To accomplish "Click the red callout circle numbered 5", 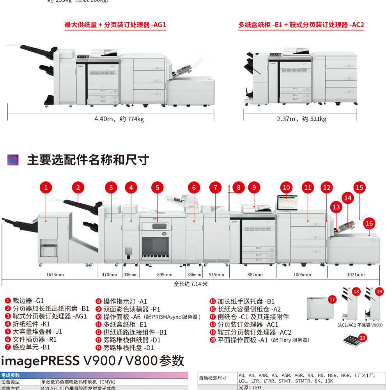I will pyautogui.click(x=158, y=188).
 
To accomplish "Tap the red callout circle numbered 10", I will pyautogui.click(x=287, y=188).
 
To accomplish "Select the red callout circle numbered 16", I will pyautogui.click(x=369, y=223).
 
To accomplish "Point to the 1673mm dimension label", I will pyautogui.click(x=55, y=275).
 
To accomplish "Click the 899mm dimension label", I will pyautogui.click(x=165, y=275).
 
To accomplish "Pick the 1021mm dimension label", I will pyautogui.click(x=356, y=275).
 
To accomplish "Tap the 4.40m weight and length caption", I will pyautogui.click(x=119, y=119).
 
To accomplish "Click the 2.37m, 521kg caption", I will pyautogui.click(x=301, y=119).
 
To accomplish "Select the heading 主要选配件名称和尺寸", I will pyautogui.click(x=88, y=160).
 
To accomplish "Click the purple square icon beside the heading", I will pyautogui.click(x=13, y=160).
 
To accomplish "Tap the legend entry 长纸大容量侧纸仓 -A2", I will pyautogui.click(x=245, y=309).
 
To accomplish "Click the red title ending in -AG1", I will pyautogui.click(x=115, y=25).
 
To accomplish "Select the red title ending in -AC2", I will pyautogui.click(x=301, y=25).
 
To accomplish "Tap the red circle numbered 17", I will pyautogui.click(x=332, y=300).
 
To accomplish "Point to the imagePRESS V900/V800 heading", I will pyautogui.click(x=92, y=360).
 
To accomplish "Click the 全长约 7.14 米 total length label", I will pyautogui.click(x=191, y=284).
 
